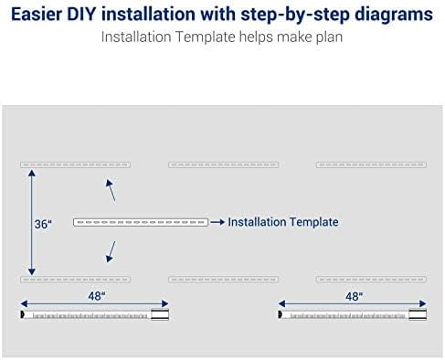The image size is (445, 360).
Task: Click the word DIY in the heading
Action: tap(80, 14)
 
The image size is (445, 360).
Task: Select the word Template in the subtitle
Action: tap(206, 37)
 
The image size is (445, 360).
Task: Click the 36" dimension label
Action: tap(43, 225)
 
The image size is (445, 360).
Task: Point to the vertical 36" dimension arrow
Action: tap(32, 222)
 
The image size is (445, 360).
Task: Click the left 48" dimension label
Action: tap(97, 296)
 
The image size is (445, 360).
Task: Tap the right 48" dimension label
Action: tap(354, 296)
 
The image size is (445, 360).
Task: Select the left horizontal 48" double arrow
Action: tap(94, 303)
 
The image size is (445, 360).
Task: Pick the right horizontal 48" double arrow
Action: tap(352, 303)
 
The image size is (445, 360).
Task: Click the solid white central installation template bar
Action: tap(141, 222)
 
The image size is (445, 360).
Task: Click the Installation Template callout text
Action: tap(283, 222)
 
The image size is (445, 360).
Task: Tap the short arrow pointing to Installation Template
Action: tap(217, 222)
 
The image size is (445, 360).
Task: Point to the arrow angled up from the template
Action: tap(111, 190)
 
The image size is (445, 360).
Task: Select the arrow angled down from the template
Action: tap(111, 252)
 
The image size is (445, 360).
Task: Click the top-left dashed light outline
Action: tap(75, 164)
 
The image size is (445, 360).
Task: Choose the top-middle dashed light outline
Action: tap(223, 164)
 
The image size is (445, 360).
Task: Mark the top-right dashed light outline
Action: tap(371, 164)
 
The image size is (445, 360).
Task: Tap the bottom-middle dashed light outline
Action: tap(223, 280)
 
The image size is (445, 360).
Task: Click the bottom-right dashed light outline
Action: tap(371, 280)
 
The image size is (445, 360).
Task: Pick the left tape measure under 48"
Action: tap(94, 314)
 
